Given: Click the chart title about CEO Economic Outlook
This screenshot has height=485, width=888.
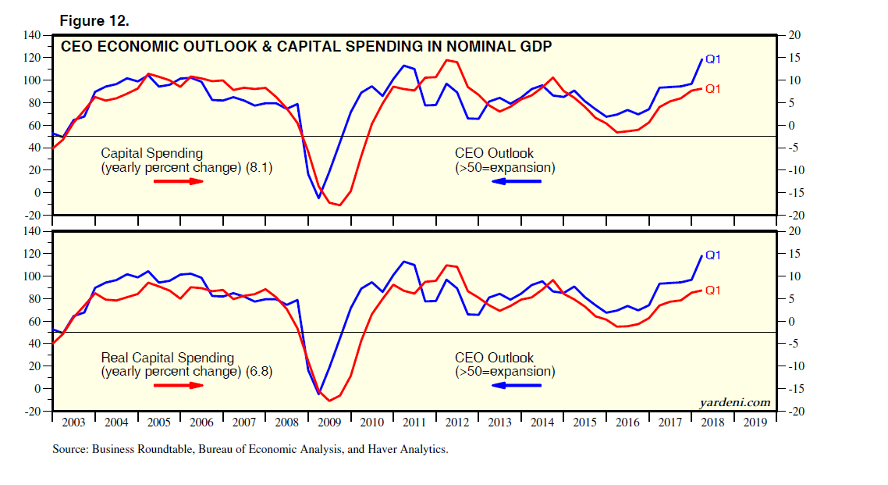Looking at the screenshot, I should [x=307, y=47].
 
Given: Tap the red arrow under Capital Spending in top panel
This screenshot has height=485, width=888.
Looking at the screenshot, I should [x=179, y=181].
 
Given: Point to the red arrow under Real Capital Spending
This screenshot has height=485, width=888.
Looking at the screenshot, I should [x=179, y=385].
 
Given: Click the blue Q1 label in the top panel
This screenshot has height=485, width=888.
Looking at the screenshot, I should [x=713, y=59].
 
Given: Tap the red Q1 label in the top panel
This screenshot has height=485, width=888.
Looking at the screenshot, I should [x=713, y=89].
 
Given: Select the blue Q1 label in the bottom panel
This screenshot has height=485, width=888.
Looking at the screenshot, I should [x=713, y=255].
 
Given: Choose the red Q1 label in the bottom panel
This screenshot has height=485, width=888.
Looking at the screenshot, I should [x=713, y=291].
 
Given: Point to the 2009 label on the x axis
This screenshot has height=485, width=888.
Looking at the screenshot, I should [x=329, y=423].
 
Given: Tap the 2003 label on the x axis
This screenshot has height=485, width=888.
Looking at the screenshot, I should [x=73, y=423].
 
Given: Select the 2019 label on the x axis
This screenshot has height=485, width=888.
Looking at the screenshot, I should [x=755, y=423].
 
